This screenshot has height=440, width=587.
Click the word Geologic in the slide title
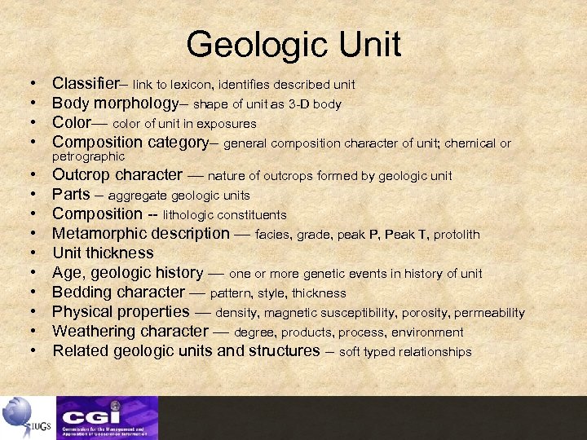tap(256, 45)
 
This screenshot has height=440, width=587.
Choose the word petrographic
tap(88, 156)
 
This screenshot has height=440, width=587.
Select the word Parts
tap(70, 195)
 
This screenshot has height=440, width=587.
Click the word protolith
tap(457, 235)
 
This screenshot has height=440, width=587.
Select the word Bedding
tap(82, 293)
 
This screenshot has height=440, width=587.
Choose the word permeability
tap(489, 313)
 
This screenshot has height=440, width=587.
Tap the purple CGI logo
tap(107, 416)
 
